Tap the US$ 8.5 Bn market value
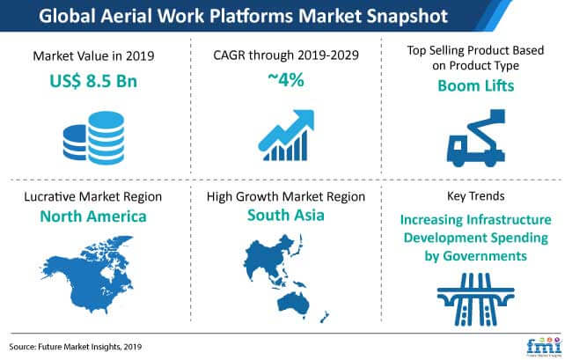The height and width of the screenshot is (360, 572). [x=93, y=81]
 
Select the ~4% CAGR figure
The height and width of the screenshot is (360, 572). [x=286, y=79]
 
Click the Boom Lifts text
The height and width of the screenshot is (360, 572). [x=476, y=85]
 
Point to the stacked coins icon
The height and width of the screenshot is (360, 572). [x=94, y=137]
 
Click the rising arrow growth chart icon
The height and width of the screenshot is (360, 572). [x=286, y=135]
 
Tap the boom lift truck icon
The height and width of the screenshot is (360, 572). [x=476, y=137]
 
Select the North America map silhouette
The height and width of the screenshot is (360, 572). [x=87, y=275]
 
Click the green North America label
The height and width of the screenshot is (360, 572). [x=93, y=217]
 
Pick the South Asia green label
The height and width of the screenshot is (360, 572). [x=286, y=215]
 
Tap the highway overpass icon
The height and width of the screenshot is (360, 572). [x=476, y=299]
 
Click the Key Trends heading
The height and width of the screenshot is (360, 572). [x=476, y=196]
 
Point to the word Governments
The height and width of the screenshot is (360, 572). [x=485, y=256]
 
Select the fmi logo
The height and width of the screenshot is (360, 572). [x=544, y=346]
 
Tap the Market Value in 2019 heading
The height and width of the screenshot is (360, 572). [x=93, y=55]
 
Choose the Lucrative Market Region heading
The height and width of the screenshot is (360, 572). [x=93, y=196]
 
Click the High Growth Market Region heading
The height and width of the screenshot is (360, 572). [x=286, y=196]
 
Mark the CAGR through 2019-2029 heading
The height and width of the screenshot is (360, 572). [x=286, y=55]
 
